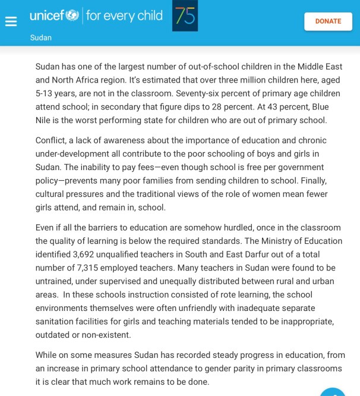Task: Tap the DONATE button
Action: (x=328, y=21)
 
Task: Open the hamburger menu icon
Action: (x=11, y=21)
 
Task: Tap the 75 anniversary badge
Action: (x=185, y=16)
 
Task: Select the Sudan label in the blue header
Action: (x=41, y=37)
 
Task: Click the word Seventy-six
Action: (x=188, y=93)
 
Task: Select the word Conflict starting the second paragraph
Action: (x=52, y=140)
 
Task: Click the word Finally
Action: (x=312, y=181)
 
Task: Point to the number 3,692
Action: (x=83, y=254)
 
